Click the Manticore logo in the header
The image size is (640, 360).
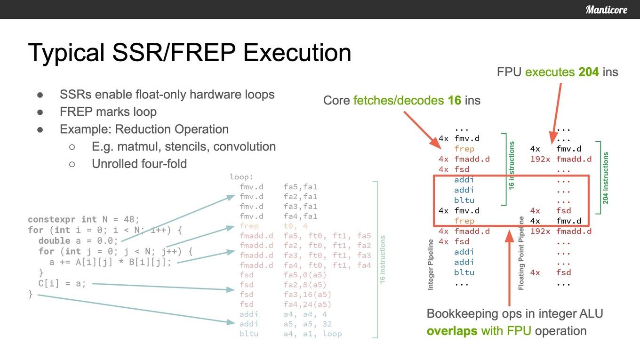606,10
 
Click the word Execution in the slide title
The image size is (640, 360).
297,53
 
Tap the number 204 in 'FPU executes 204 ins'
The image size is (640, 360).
589,72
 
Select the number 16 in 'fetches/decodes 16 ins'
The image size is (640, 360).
454,100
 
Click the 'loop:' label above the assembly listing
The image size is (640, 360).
241,177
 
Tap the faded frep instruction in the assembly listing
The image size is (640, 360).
249,226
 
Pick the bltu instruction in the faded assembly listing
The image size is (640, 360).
249,334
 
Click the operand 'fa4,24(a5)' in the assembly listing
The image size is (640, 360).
307,304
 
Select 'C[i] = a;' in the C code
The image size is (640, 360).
62,283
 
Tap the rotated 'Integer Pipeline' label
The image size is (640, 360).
430,265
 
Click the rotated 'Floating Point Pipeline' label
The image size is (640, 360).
521,253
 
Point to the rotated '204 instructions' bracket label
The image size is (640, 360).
606,178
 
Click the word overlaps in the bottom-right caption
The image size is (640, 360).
452,331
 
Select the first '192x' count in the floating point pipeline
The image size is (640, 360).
540,159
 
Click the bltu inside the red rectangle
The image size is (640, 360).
464,200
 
